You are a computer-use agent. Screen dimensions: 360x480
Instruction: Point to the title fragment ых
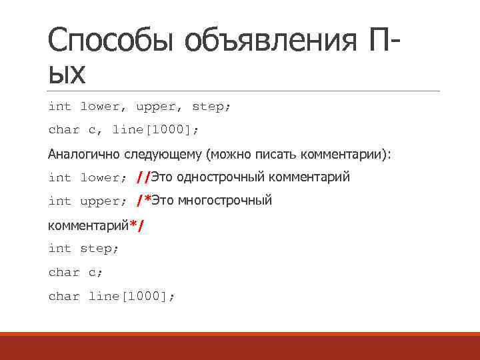click(x=67, y=74)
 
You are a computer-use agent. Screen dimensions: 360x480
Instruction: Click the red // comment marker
click(x=142, y=177)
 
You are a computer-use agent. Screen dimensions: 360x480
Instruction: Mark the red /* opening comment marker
click(x=143, y=201)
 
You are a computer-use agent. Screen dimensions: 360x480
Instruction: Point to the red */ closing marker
click(x=137, y=225)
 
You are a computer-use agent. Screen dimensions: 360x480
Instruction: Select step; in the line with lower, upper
click(x=211, y=107)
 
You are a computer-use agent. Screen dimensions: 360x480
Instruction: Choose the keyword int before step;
click(x=59, y=248)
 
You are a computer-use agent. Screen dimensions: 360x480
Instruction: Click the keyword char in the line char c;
click(x=63, y=272)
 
